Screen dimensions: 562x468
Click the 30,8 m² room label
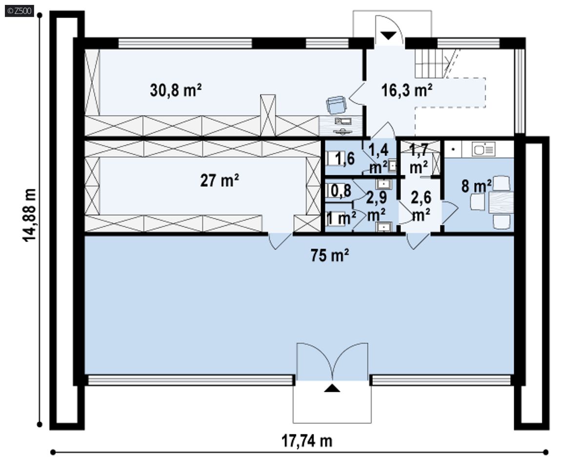tap(176, 90)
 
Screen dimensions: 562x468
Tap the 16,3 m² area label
tap(407, 90)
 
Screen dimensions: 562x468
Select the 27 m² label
tap(220, 180)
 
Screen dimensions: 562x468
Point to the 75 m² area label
tap(330, 256)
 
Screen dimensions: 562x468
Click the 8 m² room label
tap(476, 186)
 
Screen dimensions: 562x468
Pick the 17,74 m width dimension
tap(307, 441)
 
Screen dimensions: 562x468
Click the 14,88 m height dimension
tap(29, 215)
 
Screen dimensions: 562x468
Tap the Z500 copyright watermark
tap(20, 11)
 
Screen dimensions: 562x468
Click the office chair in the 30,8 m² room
tap(336, 105)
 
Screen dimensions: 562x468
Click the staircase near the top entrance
tap(434, 63)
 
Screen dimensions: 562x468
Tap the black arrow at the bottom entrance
tap(332, 388)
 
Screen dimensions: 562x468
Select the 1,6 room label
tap(344, 158)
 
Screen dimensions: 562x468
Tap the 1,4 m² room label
tap(379, 158)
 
